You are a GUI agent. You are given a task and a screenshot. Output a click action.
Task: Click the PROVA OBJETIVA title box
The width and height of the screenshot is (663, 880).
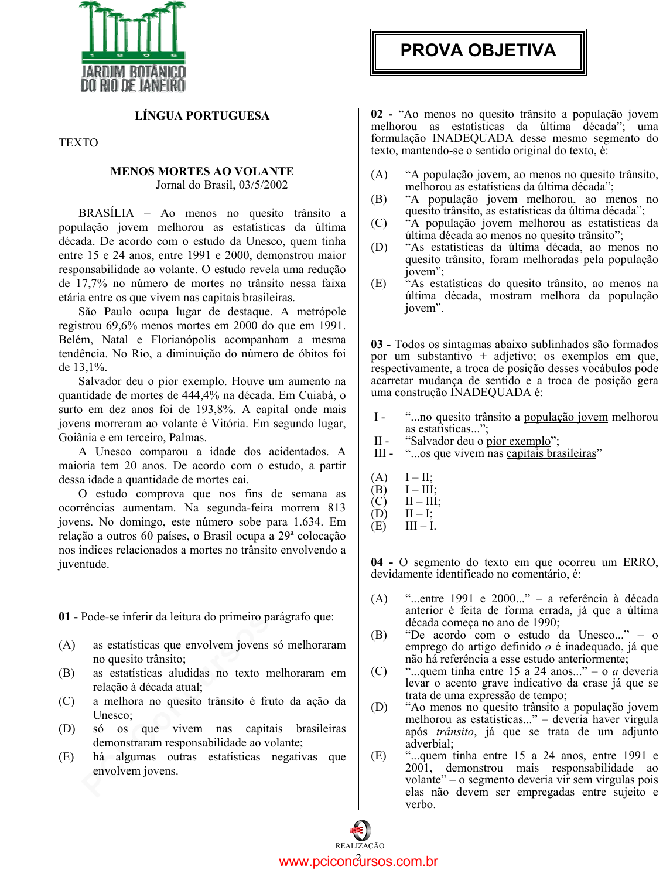point(478,52)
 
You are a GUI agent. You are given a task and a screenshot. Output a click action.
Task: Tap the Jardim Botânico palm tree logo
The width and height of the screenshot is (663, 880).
point(133,47)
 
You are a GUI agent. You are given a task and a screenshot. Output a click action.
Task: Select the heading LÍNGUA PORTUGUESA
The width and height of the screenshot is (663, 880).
point(202,115)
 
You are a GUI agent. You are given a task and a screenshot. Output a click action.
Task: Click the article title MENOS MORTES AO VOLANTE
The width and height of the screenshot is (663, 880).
point(202,171)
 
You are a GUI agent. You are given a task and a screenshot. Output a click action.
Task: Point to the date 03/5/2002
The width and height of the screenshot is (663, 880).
point(263,185)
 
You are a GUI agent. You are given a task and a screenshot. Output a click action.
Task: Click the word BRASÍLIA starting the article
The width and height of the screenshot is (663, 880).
point(106,213)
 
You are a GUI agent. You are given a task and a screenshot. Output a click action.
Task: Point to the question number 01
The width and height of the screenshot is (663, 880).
point(64,617)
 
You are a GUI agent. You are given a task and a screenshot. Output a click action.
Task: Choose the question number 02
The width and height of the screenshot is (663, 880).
point(377,114)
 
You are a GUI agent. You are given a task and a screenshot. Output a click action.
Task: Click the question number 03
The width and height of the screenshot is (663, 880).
point(377,345)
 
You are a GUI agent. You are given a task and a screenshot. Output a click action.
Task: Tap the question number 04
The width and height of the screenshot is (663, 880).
point(377,562)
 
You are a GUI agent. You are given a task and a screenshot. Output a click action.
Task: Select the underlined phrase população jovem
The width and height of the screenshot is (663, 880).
point(566,417)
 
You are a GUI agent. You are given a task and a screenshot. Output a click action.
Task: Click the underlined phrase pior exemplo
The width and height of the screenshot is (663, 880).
point(518,441)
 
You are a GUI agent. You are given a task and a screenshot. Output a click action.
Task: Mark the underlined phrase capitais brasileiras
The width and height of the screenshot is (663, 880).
point(551,453)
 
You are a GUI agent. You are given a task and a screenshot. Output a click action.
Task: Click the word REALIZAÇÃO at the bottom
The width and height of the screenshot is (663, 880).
point(360,846)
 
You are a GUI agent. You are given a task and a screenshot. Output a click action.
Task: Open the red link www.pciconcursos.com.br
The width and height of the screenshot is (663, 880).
point(358,862)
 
